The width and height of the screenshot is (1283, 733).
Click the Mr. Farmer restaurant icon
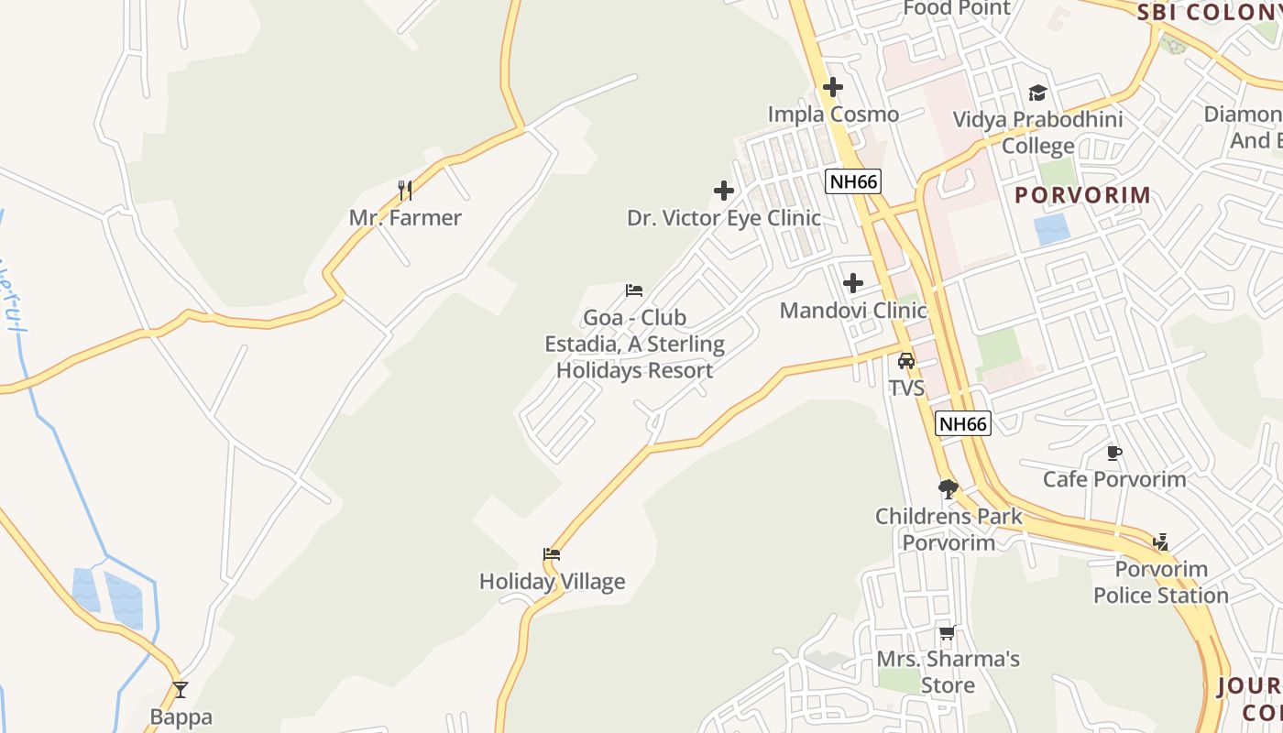coord(405,190)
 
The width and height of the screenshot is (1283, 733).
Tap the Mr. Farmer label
coord(405,218)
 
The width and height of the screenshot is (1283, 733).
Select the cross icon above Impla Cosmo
coord(833,87)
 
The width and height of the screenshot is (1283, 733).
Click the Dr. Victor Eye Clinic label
coord(724,218)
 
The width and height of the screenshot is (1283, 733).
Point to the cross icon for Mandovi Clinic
coord(853,283)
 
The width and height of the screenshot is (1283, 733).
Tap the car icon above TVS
coord(906,361)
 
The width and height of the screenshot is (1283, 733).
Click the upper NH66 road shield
coord(853,181)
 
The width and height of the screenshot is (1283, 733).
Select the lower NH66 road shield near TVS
coord(963,423)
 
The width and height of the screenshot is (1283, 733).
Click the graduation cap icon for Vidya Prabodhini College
coord(1037,93)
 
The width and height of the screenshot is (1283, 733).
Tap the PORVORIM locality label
coord(1082,195)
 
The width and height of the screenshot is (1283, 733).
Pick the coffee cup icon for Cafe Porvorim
coord(1114,453)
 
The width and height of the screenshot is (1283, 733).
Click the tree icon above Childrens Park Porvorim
coord(949,488)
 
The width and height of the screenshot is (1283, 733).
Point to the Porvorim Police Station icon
coord(1161,542)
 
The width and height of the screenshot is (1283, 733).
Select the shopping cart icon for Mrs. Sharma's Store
coord(948,632)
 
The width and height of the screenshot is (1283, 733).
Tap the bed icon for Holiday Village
coord(552,554)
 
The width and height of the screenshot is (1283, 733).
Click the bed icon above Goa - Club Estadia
coord(634,290)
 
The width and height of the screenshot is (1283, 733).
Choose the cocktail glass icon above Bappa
coord(181,690)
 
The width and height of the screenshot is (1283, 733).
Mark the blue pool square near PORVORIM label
coord(1051,229)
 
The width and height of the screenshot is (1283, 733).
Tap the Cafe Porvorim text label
coord(1114,479)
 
